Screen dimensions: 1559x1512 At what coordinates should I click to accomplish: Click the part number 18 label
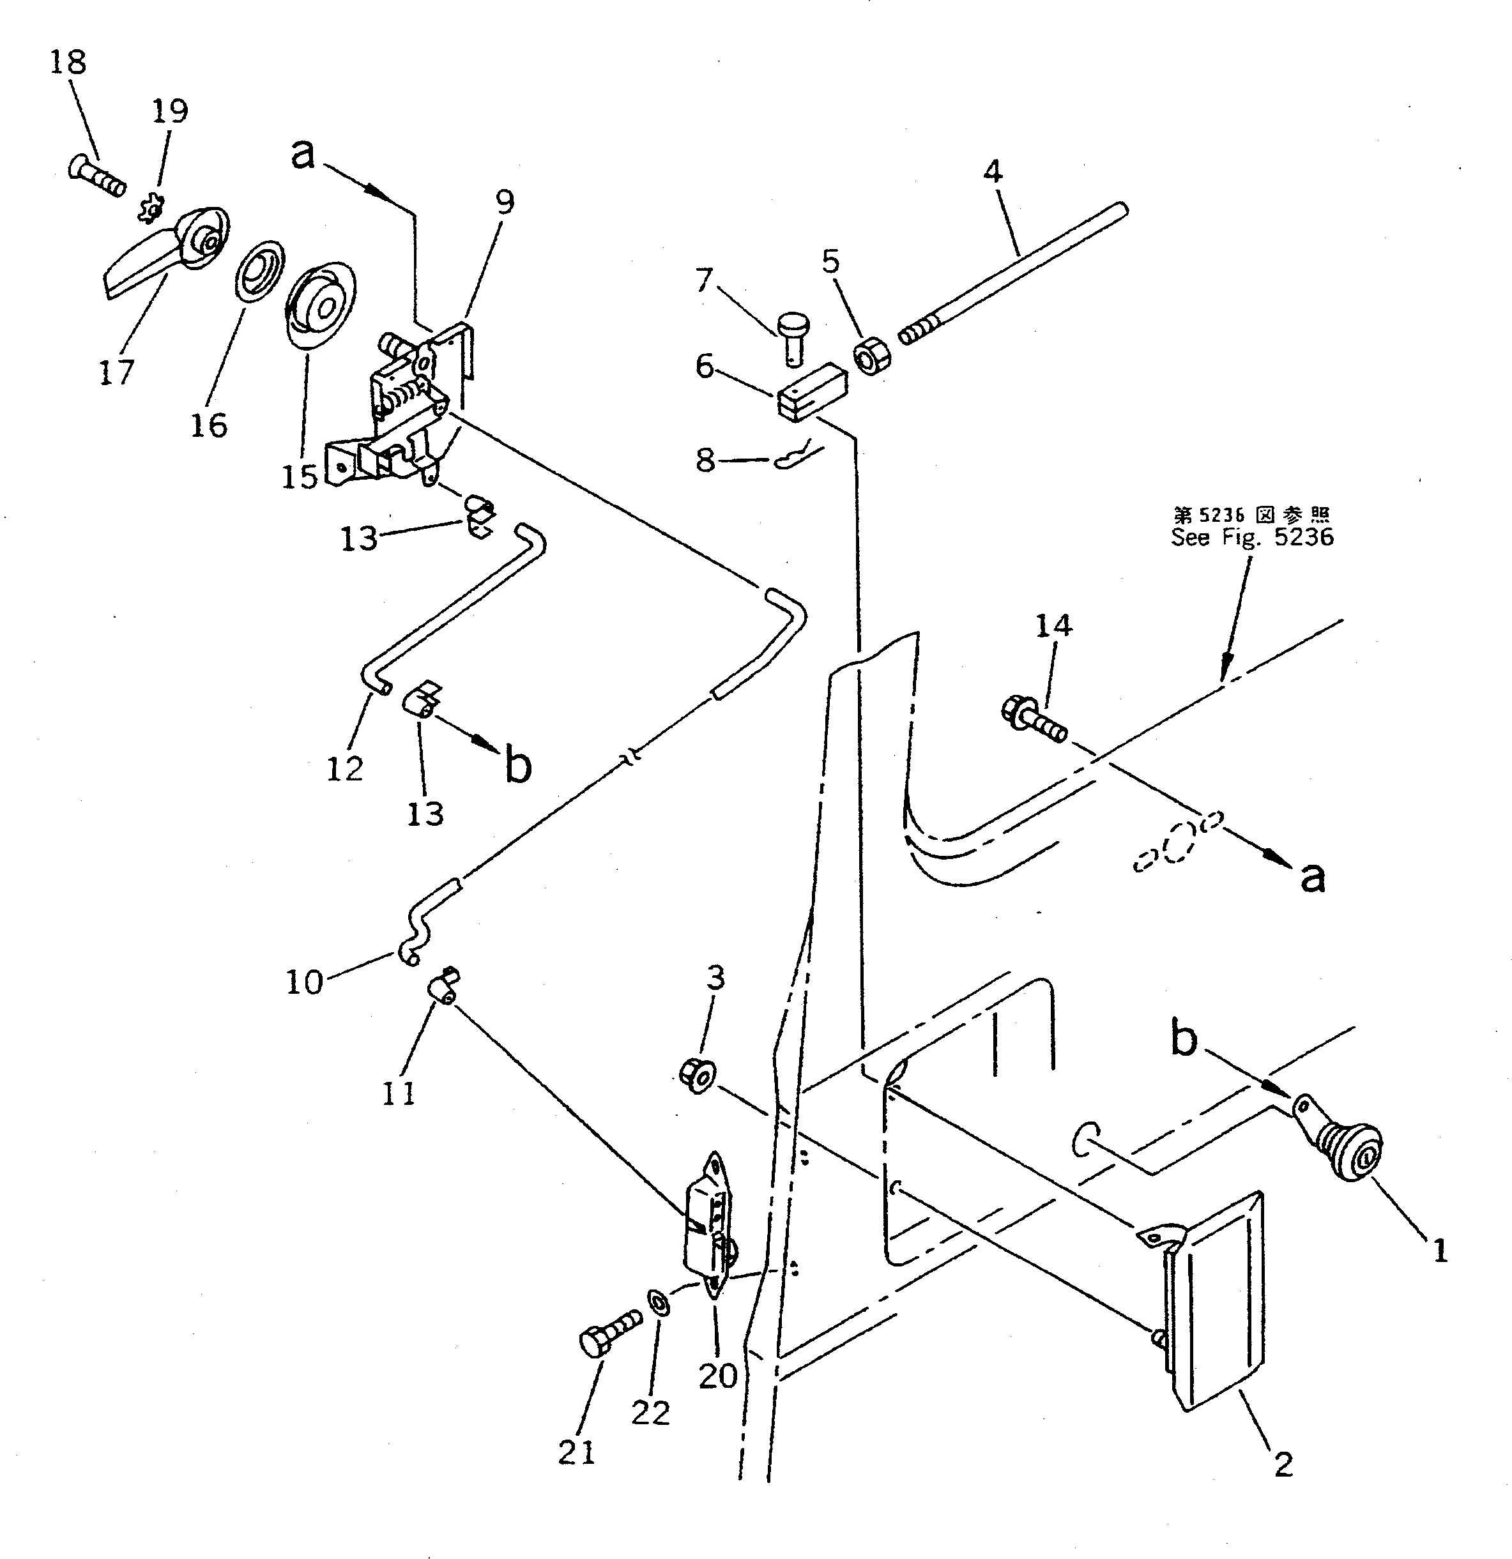68,62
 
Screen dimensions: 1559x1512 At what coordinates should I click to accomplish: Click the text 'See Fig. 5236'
1252,538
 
